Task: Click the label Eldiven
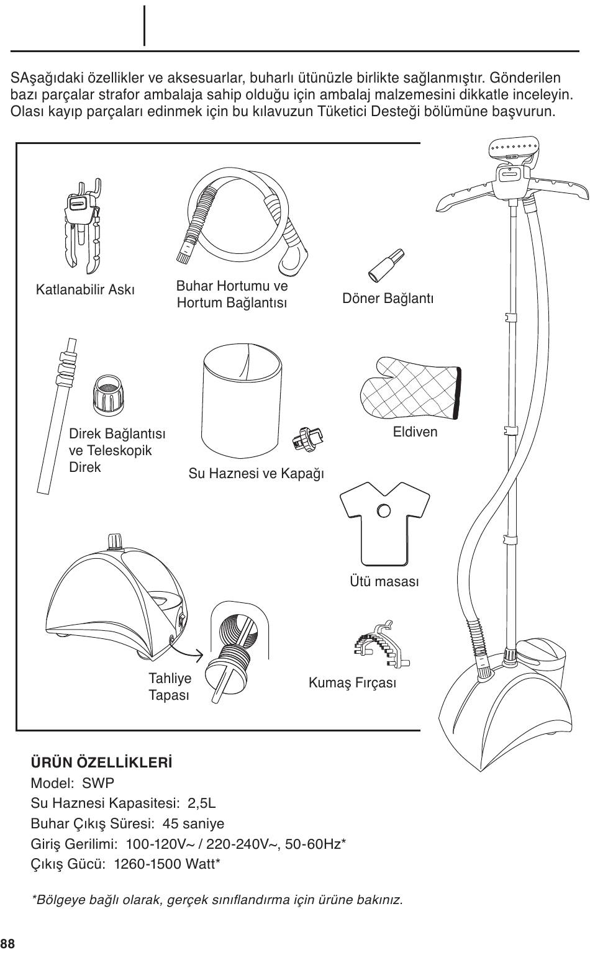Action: (x=415, y=432)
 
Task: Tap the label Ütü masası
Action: (x=384, y=582)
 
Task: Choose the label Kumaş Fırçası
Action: (x=352, y=683)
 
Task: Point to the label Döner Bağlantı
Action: (x=388, y=298)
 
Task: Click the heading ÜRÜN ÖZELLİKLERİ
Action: (x=101, y=762)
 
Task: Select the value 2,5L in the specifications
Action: (x=202, y=803)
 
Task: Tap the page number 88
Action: (x=7, y=944)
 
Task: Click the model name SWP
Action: (x=98, y=782)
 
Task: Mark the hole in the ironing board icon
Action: (x=384, y=511)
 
